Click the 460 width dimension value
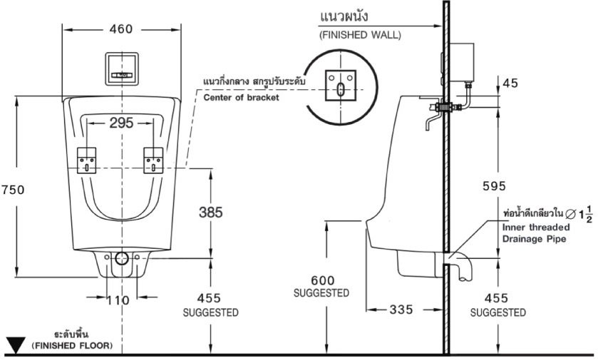click(x=121, y=29)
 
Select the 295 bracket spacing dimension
click(x=121, y=123)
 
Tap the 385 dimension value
click(x=210, y=212)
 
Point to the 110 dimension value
click(x=118, y=300)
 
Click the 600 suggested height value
click(x=321, y=280)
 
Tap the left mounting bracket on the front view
click(x=86, y=160)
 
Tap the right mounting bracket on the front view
click(x=154, y=160)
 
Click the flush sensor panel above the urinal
click(x=122, y=67)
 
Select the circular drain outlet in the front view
click(x=121, y=258)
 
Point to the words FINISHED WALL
click(x=359, y=34)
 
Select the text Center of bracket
click(x=241, y=98)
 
